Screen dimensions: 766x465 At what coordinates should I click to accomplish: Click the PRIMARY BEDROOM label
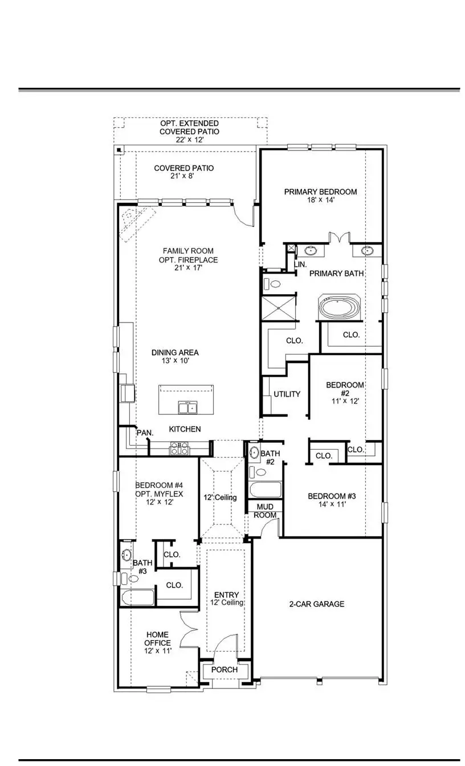pyautogui.click(x=321, y=191)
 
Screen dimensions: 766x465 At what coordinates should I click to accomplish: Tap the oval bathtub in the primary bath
pyautogui.click(x=340, y=308)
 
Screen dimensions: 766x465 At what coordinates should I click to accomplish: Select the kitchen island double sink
pyautogui.click(x=187, y=407)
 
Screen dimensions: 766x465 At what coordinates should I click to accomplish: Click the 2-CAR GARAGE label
pyautogui.click(x=317, y=604)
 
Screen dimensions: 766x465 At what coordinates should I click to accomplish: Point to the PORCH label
pyautogui.click(x=225, y=670)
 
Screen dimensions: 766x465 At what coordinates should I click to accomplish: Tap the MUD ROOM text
pyautogui.click(x=266, y=511)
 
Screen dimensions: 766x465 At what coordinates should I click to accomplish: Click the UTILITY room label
pyautogui.click(x=287, y=394)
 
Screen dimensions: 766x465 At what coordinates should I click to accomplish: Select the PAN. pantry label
pyautogui.click(x=145, y=433)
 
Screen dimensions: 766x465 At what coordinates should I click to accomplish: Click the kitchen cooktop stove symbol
pyautogui.click(x=180, y=450)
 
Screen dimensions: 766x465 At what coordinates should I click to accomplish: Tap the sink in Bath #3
pyautogui.click(x=127, y=555)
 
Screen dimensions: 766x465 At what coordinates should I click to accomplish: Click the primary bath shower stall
pyautogui.click(x=279, y=308)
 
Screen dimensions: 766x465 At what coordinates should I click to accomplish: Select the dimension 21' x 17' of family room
pyautogui.click(x=188, y=268)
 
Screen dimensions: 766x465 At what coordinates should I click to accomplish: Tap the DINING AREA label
pyautogui.click(x=175, y=353)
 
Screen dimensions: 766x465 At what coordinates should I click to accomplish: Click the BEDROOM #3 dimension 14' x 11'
pyautogui.click(x=327, y=504)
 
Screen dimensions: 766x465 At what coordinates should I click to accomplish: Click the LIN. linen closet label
pyautogui.click(x=300, y=265)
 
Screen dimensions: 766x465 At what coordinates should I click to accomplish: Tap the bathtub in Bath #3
pyautogui.click(x=137, y=598)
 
